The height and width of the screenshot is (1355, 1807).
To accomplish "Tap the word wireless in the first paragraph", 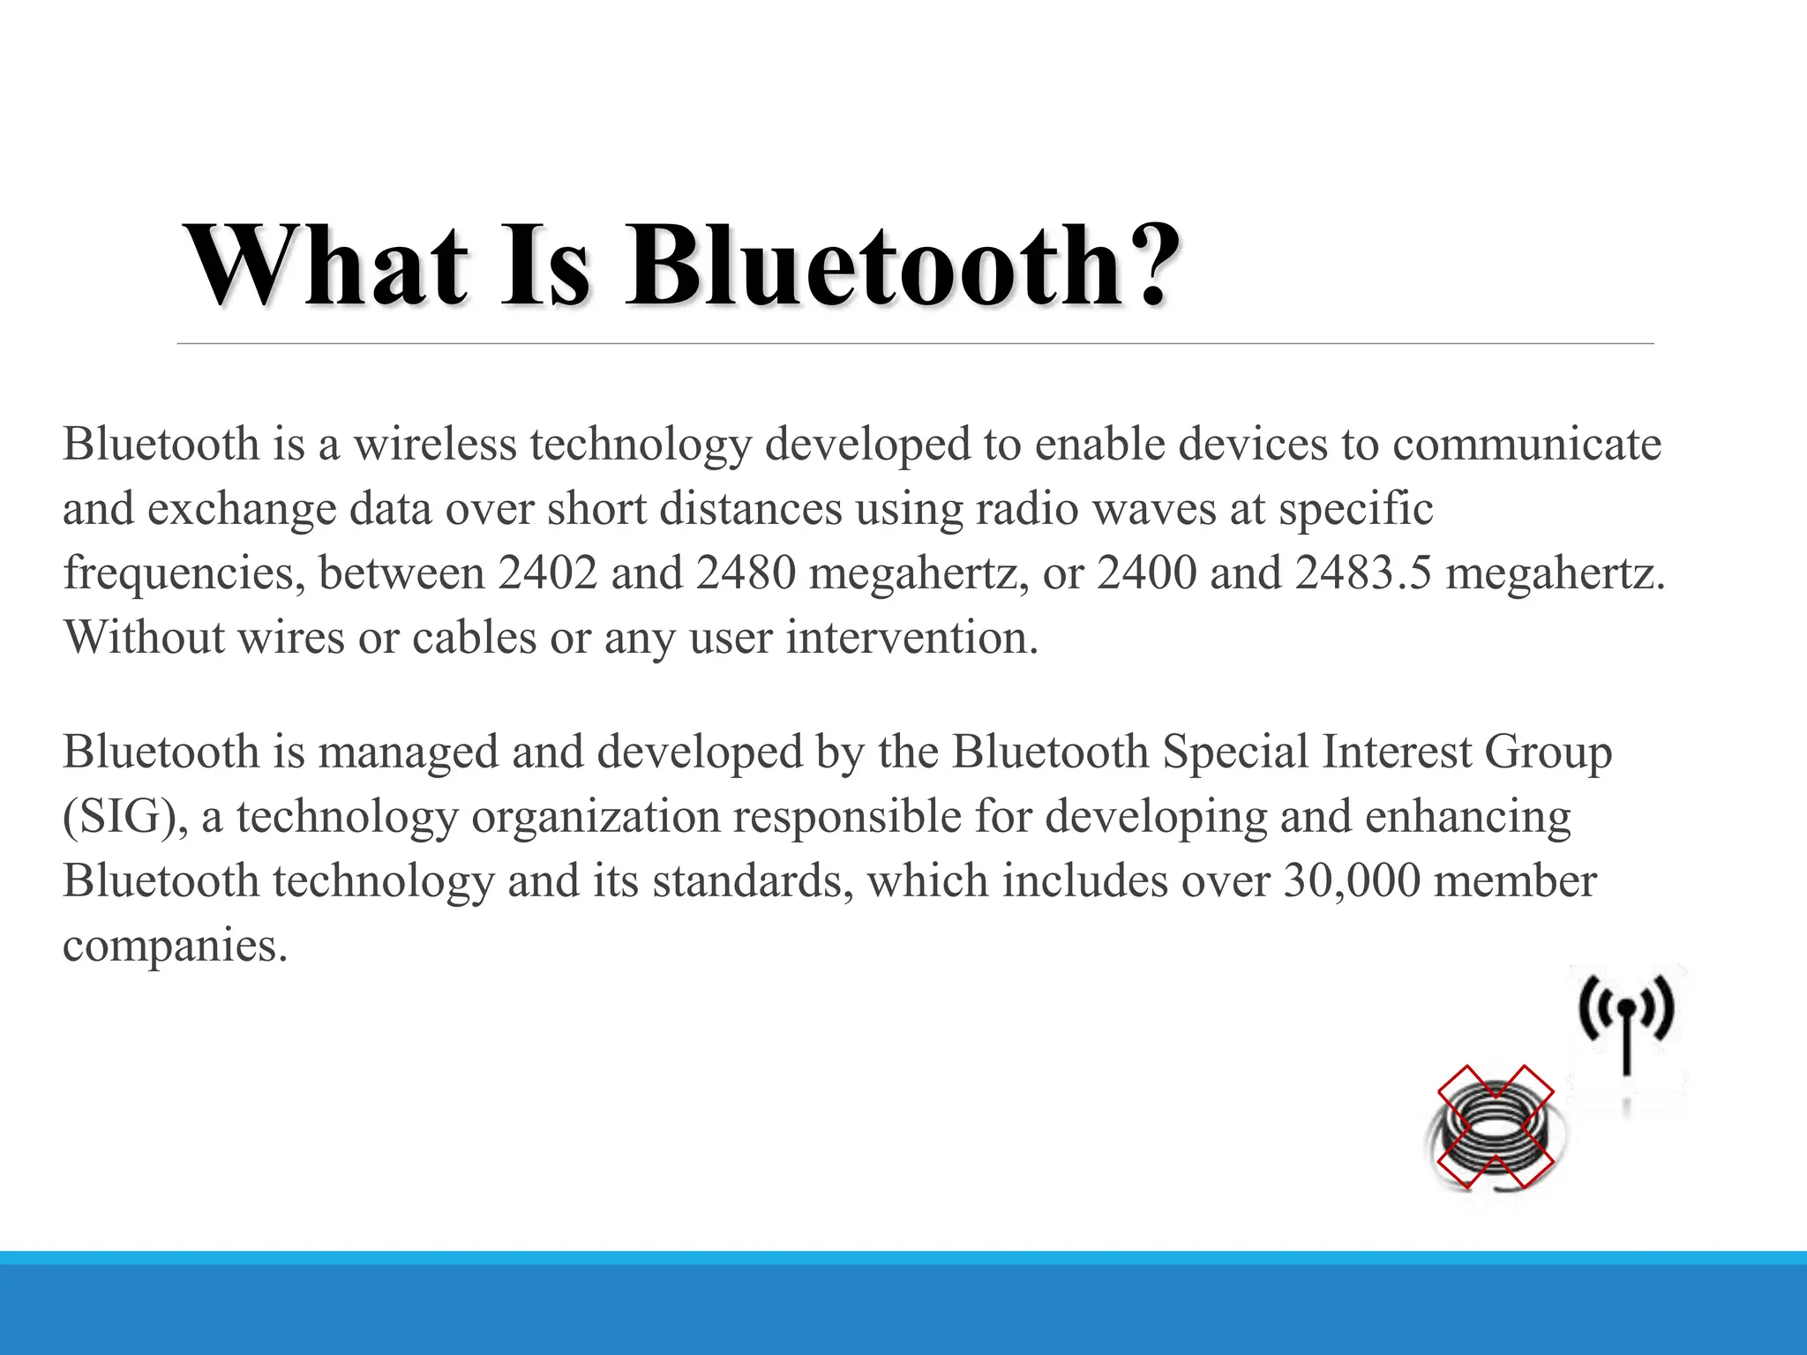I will pos(435,444).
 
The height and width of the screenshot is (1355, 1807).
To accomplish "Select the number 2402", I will pos(547,573).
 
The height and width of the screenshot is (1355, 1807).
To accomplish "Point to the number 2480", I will pos(746,573).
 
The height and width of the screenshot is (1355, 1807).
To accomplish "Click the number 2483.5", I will pos(1363,573).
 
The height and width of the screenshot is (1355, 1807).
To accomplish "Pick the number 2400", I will pos(1146,573).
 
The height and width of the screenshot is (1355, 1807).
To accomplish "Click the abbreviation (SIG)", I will pos(124,817).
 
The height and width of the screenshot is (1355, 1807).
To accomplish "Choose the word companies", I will pos(175,946).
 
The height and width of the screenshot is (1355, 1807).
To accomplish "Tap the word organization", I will pos(596,817).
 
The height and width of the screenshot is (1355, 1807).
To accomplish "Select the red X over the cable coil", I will pos(1495,1127).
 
